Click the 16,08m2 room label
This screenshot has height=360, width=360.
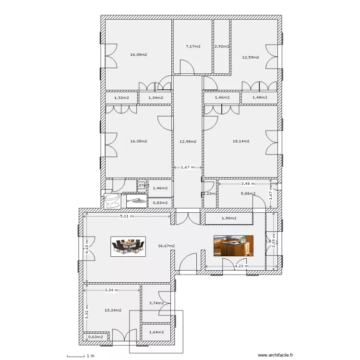tap(138, 55)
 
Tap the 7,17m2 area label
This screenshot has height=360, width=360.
tap(192, 47)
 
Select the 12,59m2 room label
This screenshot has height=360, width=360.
tap(250, 57)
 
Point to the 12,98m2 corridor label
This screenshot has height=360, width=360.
tap(188, 142)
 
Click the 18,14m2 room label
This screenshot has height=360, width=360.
tap(241, 142)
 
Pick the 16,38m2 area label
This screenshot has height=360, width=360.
tap(138, 142)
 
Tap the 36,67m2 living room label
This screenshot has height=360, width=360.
tap(166, 246)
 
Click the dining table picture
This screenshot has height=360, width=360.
tap(128, 246)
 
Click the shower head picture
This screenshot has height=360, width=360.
tap(137, 200)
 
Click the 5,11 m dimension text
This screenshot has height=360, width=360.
tap(126, 216)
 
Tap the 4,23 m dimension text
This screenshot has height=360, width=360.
tap(241, 266)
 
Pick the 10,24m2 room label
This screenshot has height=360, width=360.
tap(113, 311)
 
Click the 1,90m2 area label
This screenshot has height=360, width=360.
tap(229, 219)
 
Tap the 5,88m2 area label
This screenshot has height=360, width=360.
tap(248, 194)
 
